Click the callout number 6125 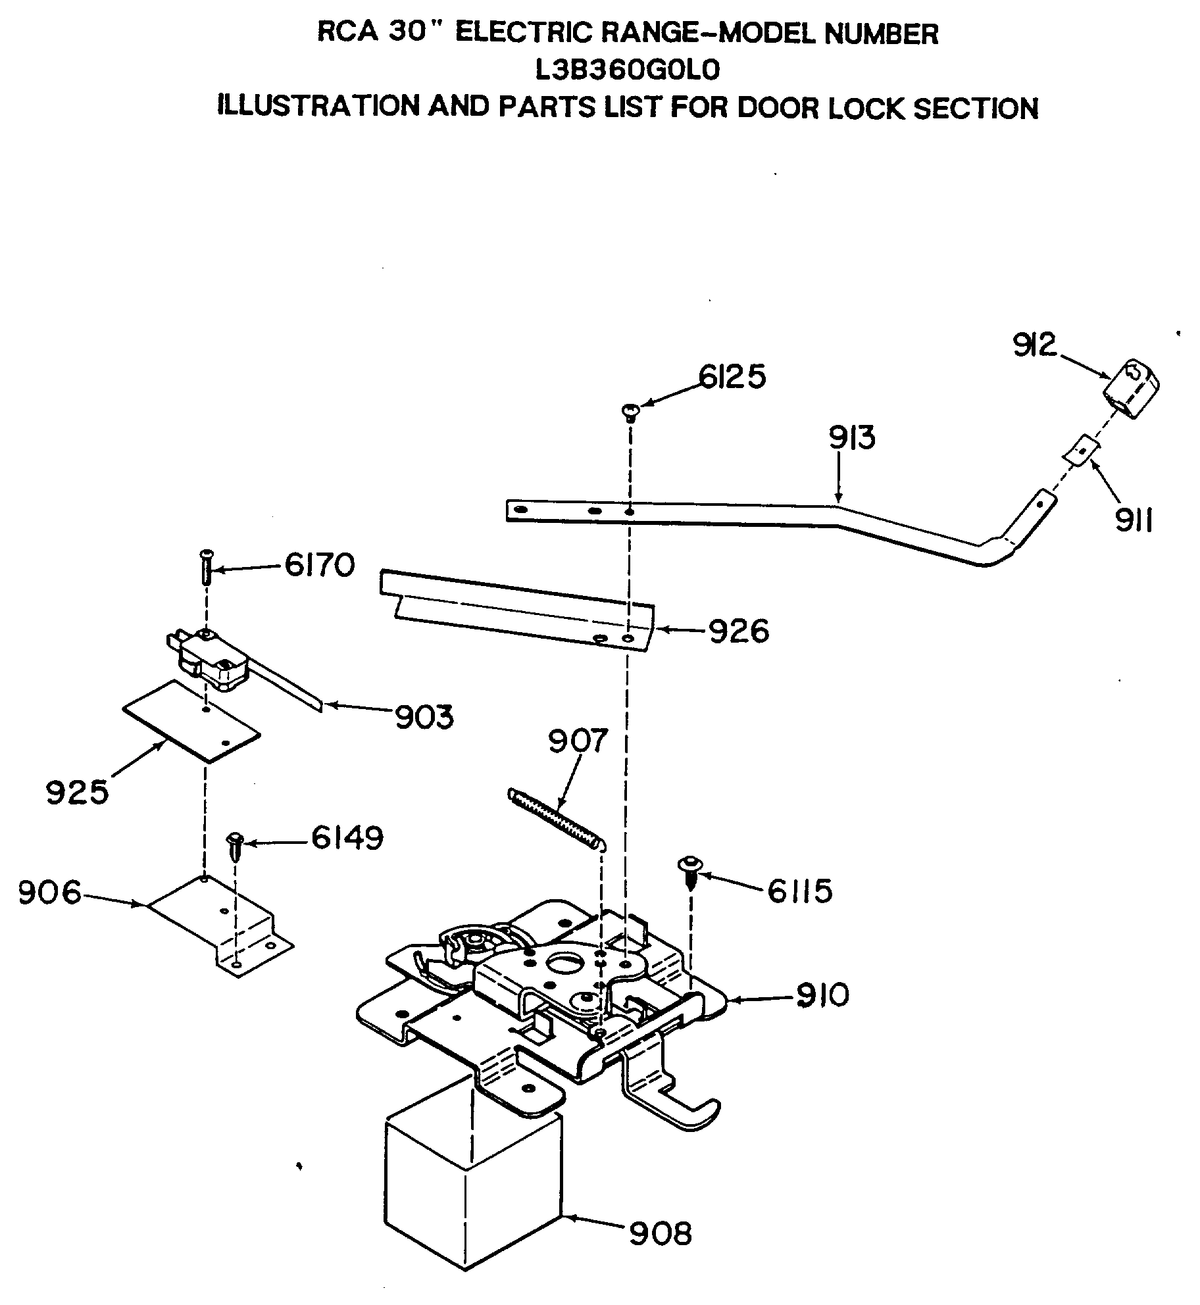click(x=732, y=378)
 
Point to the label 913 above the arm click(x=852, y=437)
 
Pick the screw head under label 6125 click(x=630, y=412)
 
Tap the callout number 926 click(x=738, y=631)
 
